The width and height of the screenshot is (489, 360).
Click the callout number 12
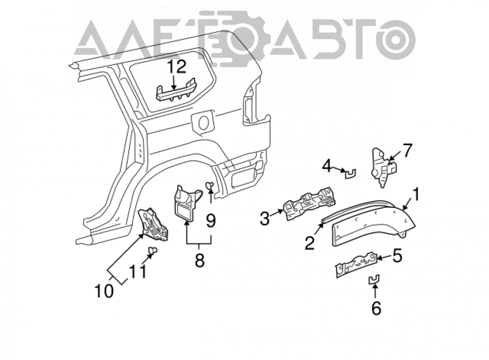pyautogui.click(x=177, y=67)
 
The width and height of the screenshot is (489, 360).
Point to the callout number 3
pyautogui.click(x=265, y=219)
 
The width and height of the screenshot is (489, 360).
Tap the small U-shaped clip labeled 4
pyautogui.click(x=351, y=173)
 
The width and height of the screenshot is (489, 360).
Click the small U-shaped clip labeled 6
pyautogui.click(x=374, y=279)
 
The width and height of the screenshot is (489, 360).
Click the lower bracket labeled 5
pyautogui.click(x=356, y=265)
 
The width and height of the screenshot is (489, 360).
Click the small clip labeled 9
pyautogui.click(x=209, y=185)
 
